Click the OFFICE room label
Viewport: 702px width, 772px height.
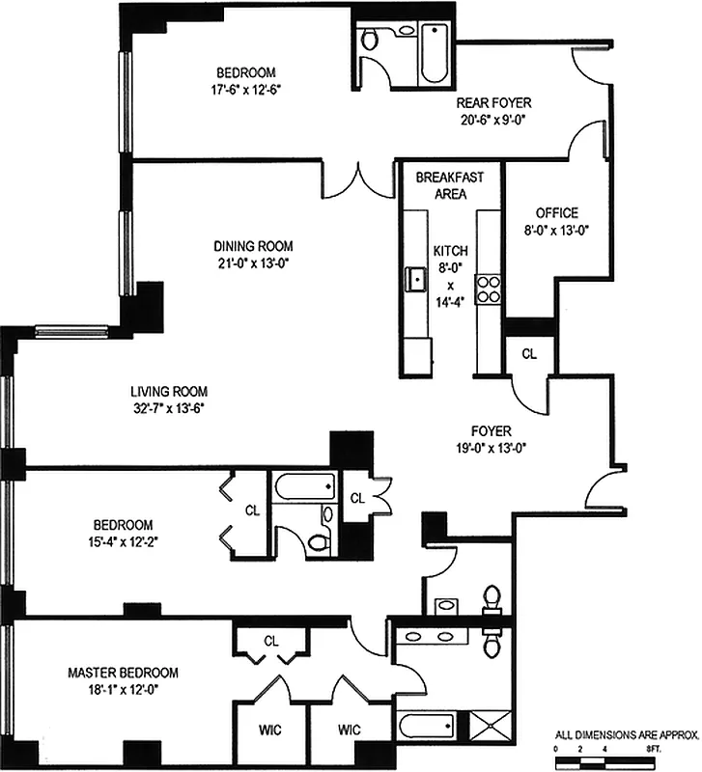coord(556,213)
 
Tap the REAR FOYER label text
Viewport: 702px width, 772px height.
coord(493,103)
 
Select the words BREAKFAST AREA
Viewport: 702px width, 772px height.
coord(442,185)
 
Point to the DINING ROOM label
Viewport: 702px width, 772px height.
coord(253,246)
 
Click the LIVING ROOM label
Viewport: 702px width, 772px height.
coord(169,392)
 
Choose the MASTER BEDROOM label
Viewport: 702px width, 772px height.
coord(122,672)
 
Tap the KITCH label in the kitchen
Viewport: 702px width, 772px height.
coord(449,248)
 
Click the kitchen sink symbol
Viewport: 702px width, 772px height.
coord(418,280)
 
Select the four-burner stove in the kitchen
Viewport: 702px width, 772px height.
coord(489,289)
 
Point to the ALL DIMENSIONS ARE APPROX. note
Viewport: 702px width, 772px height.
coord(626,734)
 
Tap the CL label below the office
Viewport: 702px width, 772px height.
coord(528,354)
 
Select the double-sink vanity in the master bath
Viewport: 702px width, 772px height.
coord(430,637)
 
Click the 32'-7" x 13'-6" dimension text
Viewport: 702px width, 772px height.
coord(169,408)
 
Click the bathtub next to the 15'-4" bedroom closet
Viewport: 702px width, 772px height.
coord(303,485)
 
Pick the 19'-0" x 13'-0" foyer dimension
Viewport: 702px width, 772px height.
coord(492,448)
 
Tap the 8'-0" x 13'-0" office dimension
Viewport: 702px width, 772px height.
coord(556,230)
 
